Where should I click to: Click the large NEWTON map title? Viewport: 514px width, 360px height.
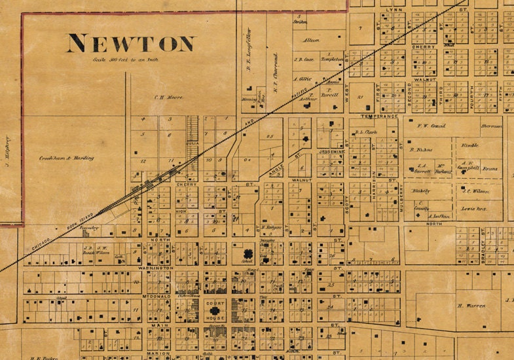pyautogui.click(x=131, y=44)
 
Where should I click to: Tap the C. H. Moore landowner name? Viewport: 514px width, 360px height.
pyautogui.click(x=169, y=97)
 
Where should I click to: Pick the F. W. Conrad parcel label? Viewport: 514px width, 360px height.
pyautogui.click(x=431, y=125)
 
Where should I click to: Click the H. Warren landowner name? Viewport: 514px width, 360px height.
pyautogui.click(x=470, y=305)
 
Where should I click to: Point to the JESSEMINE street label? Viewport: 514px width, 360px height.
pyautogui.click(x=331, y=151)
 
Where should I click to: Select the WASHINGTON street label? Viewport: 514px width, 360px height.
pyautogui.click(x=156, y=268)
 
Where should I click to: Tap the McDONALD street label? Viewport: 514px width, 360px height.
pyautogui.click(x=156, y=296)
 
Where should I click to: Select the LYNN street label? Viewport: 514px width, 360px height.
pyautogui.click(x=395, y=10)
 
